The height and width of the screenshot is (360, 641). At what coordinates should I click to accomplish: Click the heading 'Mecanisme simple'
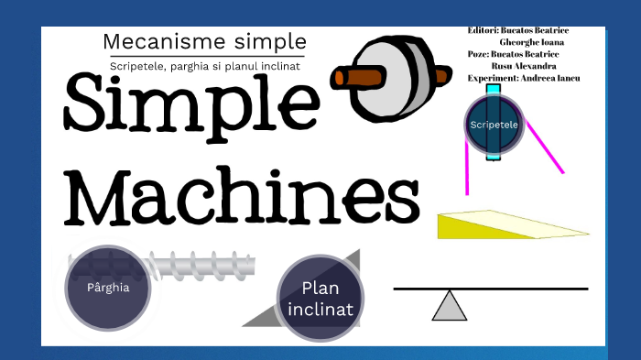coord(204,41)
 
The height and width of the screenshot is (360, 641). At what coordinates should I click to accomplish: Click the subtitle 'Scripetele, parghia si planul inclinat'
coord(205,65)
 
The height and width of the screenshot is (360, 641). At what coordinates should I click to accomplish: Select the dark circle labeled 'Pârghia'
coord(107,287)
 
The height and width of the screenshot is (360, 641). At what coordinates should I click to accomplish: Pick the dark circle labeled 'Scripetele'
coord(494,125)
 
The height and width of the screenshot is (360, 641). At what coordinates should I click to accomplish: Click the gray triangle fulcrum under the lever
coord(449,307)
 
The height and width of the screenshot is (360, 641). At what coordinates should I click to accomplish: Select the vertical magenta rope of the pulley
coord(468,169)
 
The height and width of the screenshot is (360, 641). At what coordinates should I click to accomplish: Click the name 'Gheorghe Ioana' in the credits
coord(531,42)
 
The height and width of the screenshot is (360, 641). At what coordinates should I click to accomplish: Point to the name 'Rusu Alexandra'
coord(525,66)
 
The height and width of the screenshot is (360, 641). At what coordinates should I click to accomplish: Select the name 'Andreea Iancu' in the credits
coord(550,78)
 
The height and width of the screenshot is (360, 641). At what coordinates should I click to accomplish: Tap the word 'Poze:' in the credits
coord(479,54)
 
